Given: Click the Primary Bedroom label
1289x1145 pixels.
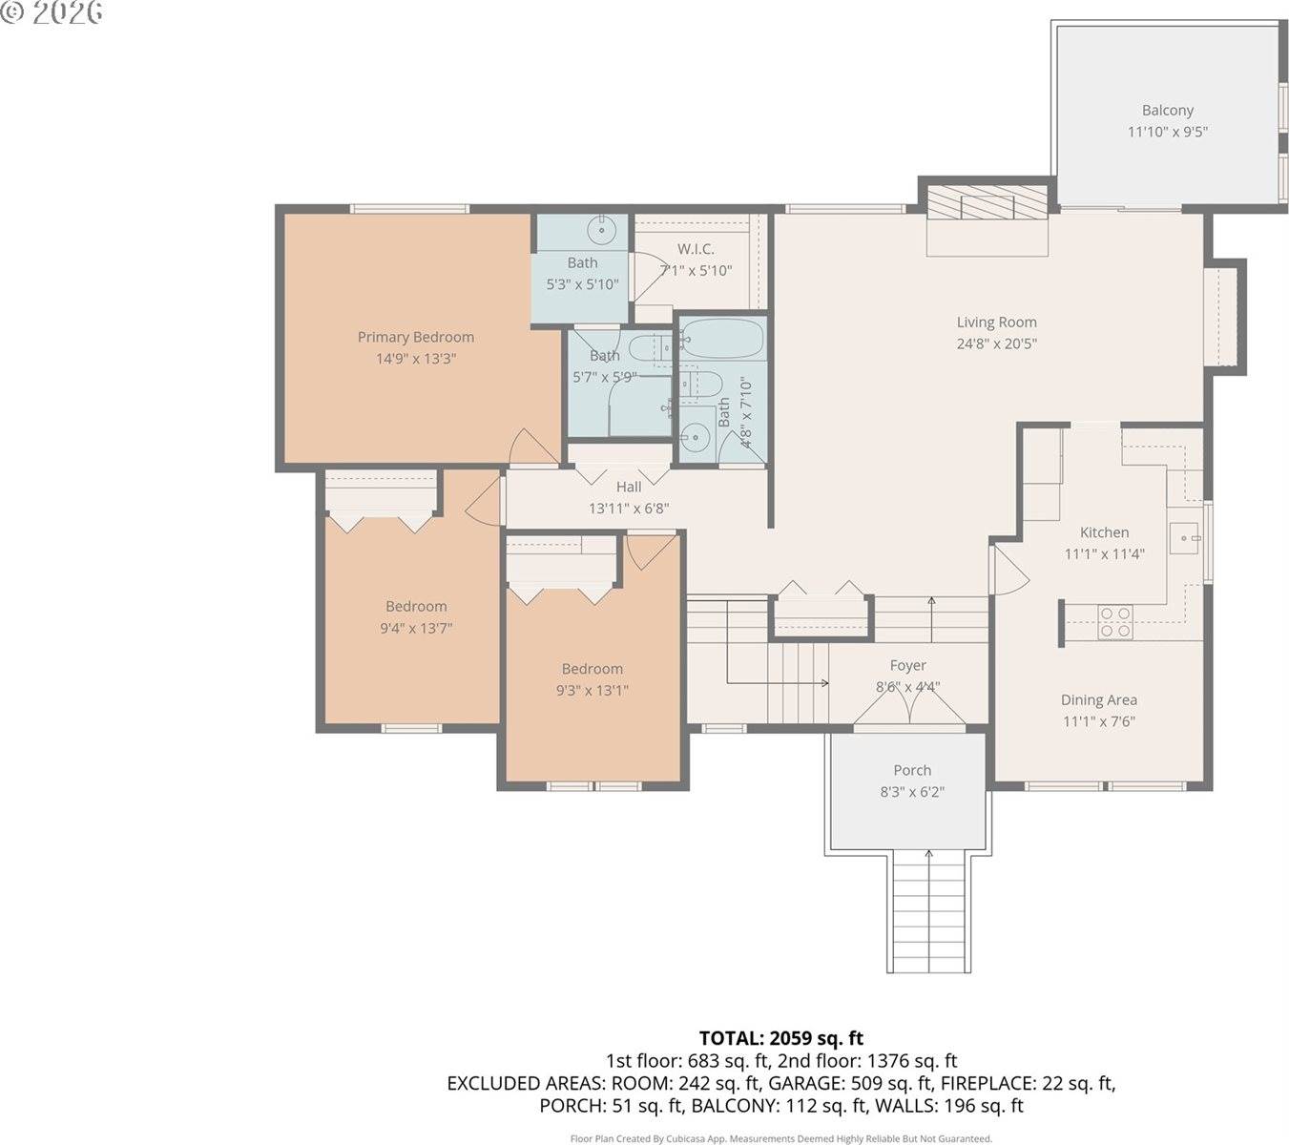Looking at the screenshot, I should click(x=415, y=337).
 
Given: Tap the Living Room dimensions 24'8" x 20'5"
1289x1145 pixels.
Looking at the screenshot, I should click(x=996, y=343).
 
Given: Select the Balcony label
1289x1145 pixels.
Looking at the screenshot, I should click(x=1167, y=111).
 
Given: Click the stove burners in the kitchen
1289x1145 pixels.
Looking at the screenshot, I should click(x=1114, y=622).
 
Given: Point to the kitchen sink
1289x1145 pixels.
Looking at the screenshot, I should click(x=1186, y=538).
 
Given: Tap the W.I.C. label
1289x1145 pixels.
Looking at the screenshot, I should click(x=696, y=249).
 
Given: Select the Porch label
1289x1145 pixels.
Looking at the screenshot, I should click(x=912, y=770).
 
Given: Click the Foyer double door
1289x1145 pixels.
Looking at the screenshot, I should click(x=910, y=710).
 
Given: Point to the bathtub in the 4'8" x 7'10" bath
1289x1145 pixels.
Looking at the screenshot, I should click(x=722, y=338).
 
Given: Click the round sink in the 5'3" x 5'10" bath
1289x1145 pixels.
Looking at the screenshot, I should click(x=602, y=229).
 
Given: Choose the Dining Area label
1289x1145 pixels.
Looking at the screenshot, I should click(x=1098, y=699).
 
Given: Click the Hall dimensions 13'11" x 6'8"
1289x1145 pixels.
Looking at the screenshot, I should click(x=628, y=509).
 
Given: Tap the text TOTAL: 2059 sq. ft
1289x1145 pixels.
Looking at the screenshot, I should click(x=780, y=1038).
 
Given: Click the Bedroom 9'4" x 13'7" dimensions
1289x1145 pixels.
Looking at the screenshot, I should click(x=416, y=628).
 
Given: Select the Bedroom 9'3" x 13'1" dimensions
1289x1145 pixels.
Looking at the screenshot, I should click(x=592, y=691).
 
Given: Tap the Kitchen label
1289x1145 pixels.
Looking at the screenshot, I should click(x=1104, y=532).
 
